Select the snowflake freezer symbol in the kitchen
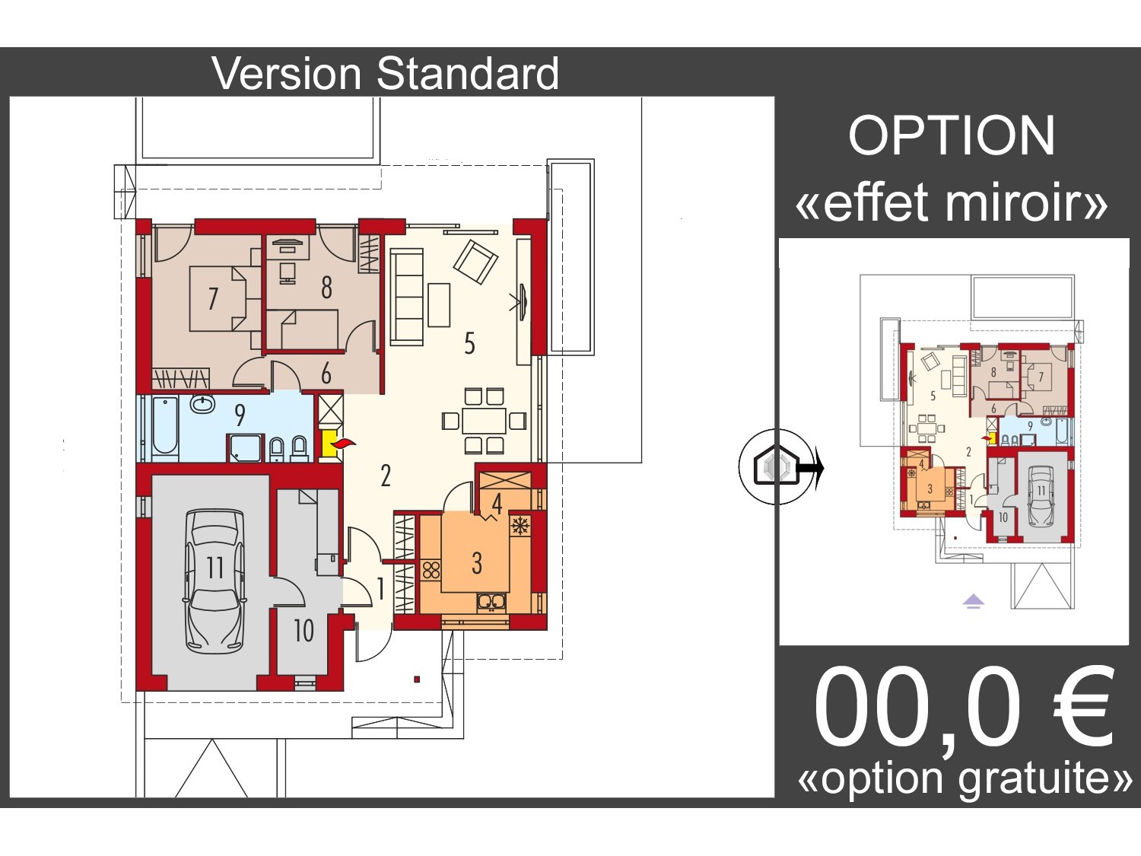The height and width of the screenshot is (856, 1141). pos(519,526)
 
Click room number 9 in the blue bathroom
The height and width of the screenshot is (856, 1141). pos(240,415)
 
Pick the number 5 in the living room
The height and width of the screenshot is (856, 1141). pos(469,344)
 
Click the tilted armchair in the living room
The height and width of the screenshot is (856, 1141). pos(475,262)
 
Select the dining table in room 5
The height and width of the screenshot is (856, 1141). pos(485,420)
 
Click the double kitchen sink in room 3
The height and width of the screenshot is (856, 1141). pos(491,602)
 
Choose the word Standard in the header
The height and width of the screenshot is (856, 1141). pos(467,74)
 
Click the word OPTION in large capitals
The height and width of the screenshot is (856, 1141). pos(952,136)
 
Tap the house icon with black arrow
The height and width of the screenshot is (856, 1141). pos(778,466)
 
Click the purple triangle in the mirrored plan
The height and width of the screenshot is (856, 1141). pos(973,602)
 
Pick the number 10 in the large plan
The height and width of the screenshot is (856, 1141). pos(304,631)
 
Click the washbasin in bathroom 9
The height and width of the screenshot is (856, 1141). pos(202,404)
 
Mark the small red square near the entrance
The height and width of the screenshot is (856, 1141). pos(416,679)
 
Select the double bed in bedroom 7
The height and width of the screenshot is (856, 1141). pos(224,299)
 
